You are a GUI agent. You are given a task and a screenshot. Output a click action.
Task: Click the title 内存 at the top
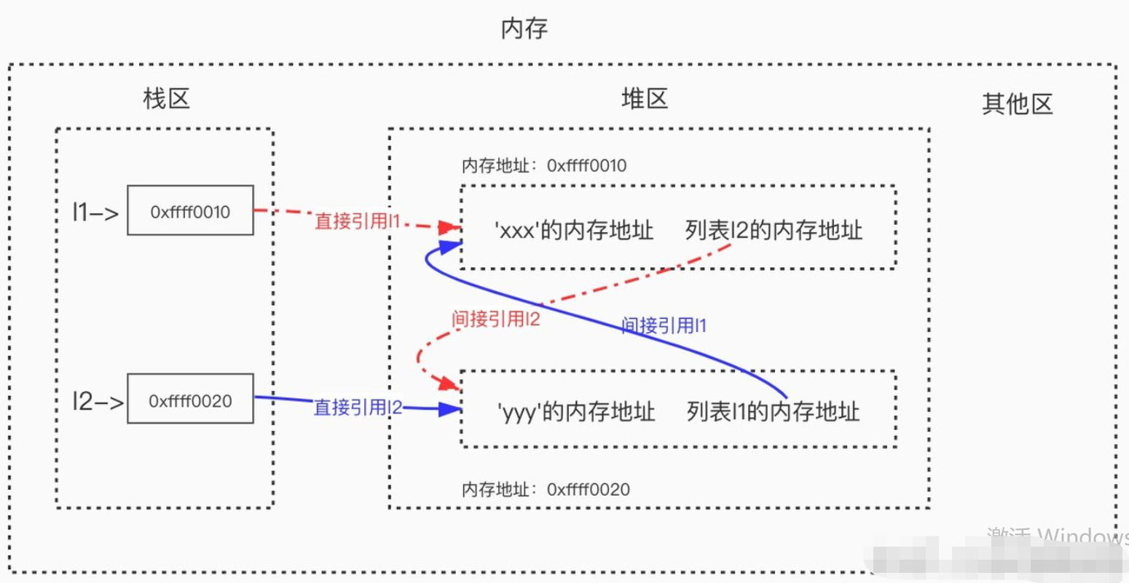[x=524, y=29]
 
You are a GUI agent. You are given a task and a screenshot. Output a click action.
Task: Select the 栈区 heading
[x=167, y=98]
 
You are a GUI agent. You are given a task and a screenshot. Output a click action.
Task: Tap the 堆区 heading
[x=645, y=98]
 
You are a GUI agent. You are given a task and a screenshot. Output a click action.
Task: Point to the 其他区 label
[x=1018, y=104]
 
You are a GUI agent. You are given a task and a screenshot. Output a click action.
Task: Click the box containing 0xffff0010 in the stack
[x=190, y=211]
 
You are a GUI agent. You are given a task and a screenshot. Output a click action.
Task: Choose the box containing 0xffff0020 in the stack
[x=190, y=400]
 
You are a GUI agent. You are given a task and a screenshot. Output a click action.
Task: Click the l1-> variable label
[x=95, y=212]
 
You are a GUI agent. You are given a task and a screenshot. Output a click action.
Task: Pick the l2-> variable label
[x=98, y=401]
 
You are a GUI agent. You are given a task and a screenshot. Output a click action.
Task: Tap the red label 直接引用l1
[x=358, y=221]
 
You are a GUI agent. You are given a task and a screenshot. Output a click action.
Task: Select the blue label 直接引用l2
[x=358, y=408]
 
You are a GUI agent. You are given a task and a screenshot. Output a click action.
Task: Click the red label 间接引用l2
[x=495, y=318]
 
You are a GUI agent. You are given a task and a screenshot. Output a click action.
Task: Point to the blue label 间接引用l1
[x=664, y=325]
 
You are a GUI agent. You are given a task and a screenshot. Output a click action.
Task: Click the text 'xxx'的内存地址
[x=574, y=231]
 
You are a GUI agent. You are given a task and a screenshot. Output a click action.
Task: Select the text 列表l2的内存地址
[x=774, y=231]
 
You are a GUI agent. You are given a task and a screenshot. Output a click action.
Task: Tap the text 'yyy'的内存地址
[x=575, y=412]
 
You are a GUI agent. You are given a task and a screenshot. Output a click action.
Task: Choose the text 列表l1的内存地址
[x=773, y=412]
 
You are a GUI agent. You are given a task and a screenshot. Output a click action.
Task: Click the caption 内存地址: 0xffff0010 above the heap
[x=544, y=166]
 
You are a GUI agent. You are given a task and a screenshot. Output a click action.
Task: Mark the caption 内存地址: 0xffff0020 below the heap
[x=546, y=490]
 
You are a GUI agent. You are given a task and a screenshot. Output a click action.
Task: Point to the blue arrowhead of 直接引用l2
[x=451, y=409]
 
